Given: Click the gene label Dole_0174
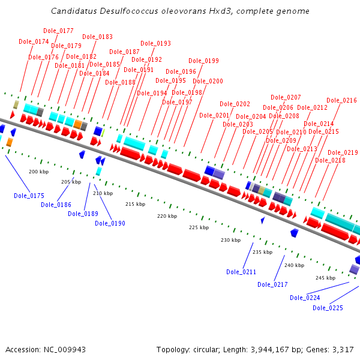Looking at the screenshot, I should coord(34,41).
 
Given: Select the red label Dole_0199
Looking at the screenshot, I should coord(203,61).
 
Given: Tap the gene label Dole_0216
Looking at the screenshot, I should coord(341,100).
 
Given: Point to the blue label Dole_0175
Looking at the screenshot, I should coord(29,196).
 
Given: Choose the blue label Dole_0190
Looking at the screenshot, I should coord(110,223).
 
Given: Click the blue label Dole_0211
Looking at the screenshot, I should coord(241,272).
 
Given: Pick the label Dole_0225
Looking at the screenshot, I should coord(328,308).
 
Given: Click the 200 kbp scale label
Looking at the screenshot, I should coord(38,172).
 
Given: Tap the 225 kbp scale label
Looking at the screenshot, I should coord(199,227).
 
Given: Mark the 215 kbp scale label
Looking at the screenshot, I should coord(135,204).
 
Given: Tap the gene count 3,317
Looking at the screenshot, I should coord(341,349).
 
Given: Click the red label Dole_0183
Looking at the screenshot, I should coord(97,37).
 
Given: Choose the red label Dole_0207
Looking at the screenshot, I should coord(286,97).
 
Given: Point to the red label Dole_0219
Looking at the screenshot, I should coord(343,152).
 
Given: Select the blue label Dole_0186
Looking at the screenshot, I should coord(56,205).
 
